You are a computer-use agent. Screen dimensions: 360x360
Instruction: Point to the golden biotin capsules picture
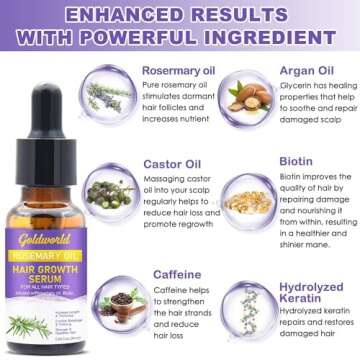pyautogui.click(x=246, y=201)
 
